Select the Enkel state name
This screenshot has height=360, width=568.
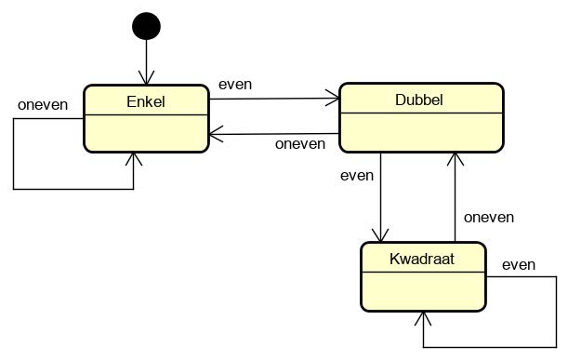coord(145,101)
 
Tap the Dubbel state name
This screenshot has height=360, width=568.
coord(420,100)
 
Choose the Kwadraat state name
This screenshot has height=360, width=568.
coord(422,259)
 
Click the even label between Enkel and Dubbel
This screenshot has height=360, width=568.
coord(235,85)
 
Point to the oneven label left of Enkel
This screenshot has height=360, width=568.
coord(43,104)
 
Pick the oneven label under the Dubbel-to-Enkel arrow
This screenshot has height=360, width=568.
coord(300,143)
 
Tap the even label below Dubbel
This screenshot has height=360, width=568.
coord(357,175)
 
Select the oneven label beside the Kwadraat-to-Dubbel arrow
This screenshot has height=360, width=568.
coord(489,217)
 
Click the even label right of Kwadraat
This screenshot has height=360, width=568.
coord(519,265)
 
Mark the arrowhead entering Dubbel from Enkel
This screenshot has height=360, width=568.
coord(334,96)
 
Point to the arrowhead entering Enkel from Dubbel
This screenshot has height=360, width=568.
coord(215,135)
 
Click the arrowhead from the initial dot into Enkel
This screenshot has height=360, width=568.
coord(146,80)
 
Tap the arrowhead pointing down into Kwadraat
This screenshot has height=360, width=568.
coord(380,236)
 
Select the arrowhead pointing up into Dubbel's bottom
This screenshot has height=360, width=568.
coord(454,157)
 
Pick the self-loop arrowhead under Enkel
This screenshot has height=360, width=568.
coord(134,157)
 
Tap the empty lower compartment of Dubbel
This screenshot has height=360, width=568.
coord(421,130)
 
